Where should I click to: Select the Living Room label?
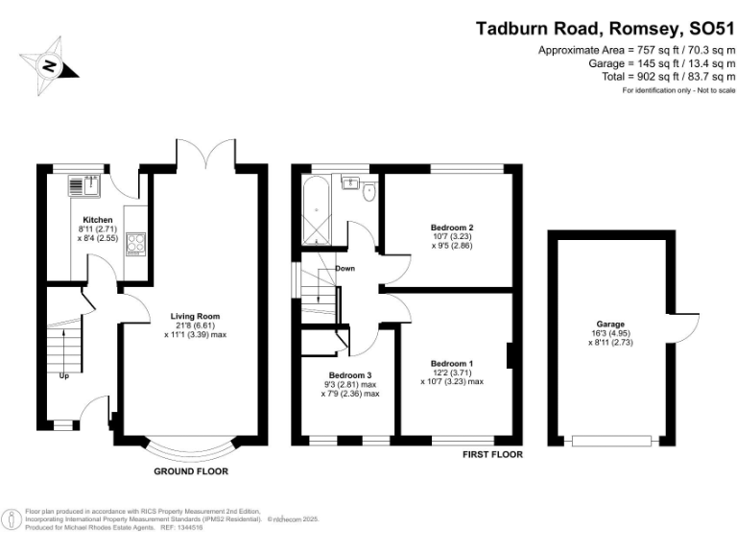coord(196,316)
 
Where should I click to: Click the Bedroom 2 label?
coord(452,228)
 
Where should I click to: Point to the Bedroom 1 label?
coord(451,363)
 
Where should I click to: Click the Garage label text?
coord(610,325)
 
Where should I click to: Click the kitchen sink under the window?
coord(91,183)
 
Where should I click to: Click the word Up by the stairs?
coord(64,375)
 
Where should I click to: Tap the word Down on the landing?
coord(345,269)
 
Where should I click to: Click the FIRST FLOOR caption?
coord(492,454)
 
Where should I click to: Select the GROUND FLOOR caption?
coord(191,471)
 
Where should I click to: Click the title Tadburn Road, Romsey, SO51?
coord(605,28)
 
